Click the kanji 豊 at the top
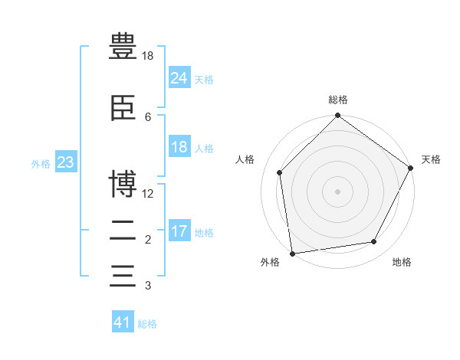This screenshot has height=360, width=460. coord(123,47)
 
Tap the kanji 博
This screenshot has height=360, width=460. coord(123,184)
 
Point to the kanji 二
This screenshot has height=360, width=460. coord(123,231)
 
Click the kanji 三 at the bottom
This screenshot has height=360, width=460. coord(123,275)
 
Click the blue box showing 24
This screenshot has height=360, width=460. coord(179,78)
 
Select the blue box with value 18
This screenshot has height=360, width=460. coord(179,148)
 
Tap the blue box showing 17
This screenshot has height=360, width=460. coord(179,232)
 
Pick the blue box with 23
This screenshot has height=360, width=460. coord(65,162)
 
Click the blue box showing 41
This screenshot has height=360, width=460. coord(123,322)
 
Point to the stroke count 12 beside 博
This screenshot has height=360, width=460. coord(148,194)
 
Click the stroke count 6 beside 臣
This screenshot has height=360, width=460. coord(148,116)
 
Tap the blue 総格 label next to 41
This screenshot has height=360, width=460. coord(147,324)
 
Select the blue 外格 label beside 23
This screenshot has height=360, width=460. coord(41,164)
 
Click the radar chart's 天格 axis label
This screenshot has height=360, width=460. coord(431,159)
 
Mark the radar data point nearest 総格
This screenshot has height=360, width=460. coord(337,116)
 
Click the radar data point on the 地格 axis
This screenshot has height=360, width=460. coord(374,242)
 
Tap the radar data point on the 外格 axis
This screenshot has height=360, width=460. coord(292,253)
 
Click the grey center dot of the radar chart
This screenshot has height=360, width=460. coord(337,191)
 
